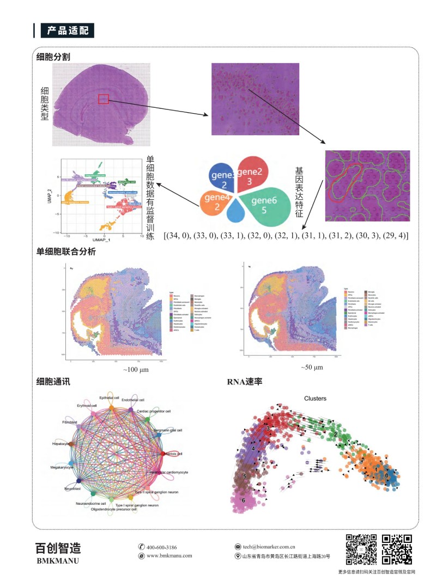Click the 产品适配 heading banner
click(67, 30)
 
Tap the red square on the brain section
click(104, 99)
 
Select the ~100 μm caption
click(136, 369)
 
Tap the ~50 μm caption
click(312, 368)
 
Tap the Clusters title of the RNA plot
click(315, 398)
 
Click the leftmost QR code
click(361, 549)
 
